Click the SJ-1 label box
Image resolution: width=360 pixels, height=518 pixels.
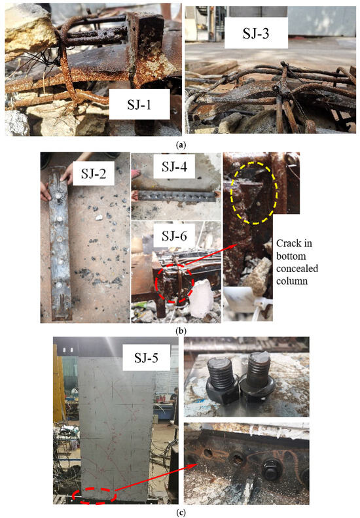pyautogui.click(x=139, y=104)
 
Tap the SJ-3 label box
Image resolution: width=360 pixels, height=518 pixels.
pyautogui.click(x=256, y=33)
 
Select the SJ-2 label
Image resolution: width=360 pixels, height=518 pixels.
pyautogui.click(x=94, y=173)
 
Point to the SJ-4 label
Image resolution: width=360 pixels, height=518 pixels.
pyautogui.click(x=174, y=166)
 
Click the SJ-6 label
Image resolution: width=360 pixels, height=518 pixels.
pyautogui.click(x=174, y=236)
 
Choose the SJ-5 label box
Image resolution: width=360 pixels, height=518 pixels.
pyautogui.click(x=147, y=358)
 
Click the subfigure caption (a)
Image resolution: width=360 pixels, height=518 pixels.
pyautogui.click(x=180, y=145)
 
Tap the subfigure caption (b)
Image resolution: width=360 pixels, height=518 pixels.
pyautogui.click(x=180, y=330)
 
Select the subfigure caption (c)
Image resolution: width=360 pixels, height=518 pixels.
pyautogui.click(x=180, y=512)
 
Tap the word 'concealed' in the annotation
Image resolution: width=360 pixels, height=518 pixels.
pyautogui.click(x=297, y=268)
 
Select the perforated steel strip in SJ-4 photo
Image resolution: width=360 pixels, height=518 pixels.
pyautogui.click(x=177, y=197)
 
